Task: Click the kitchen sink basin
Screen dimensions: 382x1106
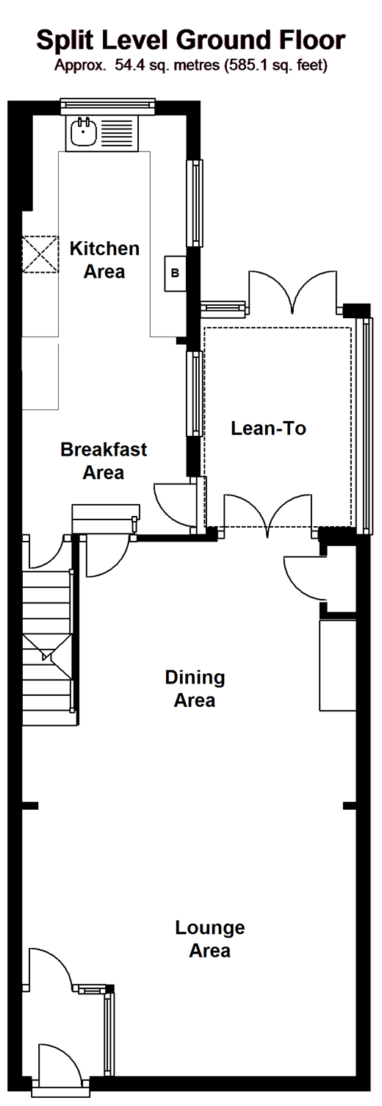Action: click(83, 132)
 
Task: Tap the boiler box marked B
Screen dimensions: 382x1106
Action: click(175, 273)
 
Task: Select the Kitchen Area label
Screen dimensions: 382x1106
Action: click(104, 259)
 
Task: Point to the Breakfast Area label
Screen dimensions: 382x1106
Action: click(104, 461)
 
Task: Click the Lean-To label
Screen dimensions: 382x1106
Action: click(268, 428)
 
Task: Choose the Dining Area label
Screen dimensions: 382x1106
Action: click(195, 689)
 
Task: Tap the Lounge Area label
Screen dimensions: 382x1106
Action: click(210, 939)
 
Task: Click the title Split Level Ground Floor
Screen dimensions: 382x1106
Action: click(190, 40)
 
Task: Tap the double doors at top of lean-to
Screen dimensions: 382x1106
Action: click(294, 292)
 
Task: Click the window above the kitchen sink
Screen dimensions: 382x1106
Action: click(107, 106)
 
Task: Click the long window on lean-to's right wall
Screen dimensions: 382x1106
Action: click(365, 425)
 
